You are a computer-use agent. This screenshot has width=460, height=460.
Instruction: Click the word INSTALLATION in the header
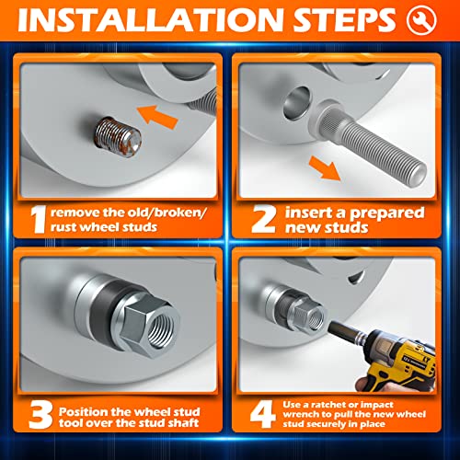pos(156,20)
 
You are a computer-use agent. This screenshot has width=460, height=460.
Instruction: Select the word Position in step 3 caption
pos(89,411)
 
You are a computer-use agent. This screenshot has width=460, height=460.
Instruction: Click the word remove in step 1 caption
pos(79,212)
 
